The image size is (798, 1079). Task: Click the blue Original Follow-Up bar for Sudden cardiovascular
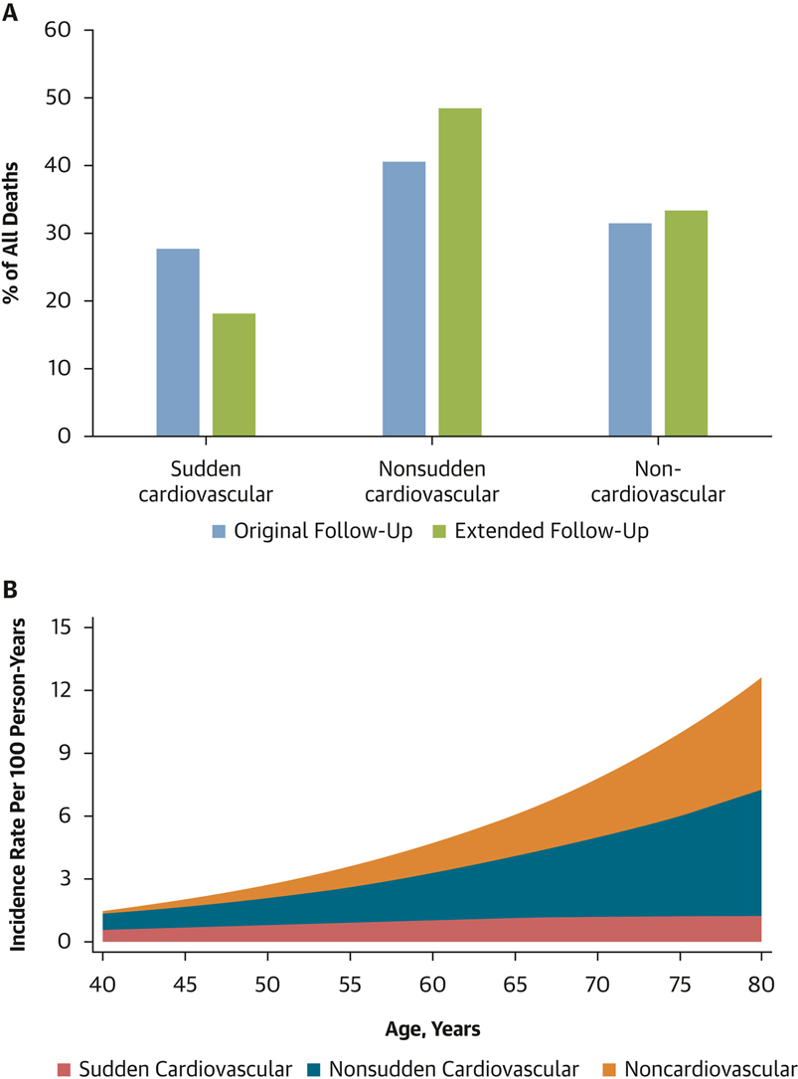178,342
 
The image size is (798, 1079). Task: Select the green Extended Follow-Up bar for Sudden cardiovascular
234,375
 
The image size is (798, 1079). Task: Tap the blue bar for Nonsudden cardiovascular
403,298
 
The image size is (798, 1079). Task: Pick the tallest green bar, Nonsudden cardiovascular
460,271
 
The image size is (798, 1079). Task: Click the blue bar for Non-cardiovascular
630,329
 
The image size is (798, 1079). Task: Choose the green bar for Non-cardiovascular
686,323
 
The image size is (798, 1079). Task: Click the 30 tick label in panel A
59,234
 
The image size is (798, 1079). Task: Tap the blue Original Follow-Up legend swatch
220,531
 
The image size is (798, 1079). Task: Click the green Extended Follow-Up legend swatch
439,531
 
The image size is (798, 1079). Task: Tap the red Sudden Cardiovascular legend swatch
65,1069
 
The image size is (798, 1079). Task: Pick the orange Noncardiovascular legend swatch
605,1069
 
